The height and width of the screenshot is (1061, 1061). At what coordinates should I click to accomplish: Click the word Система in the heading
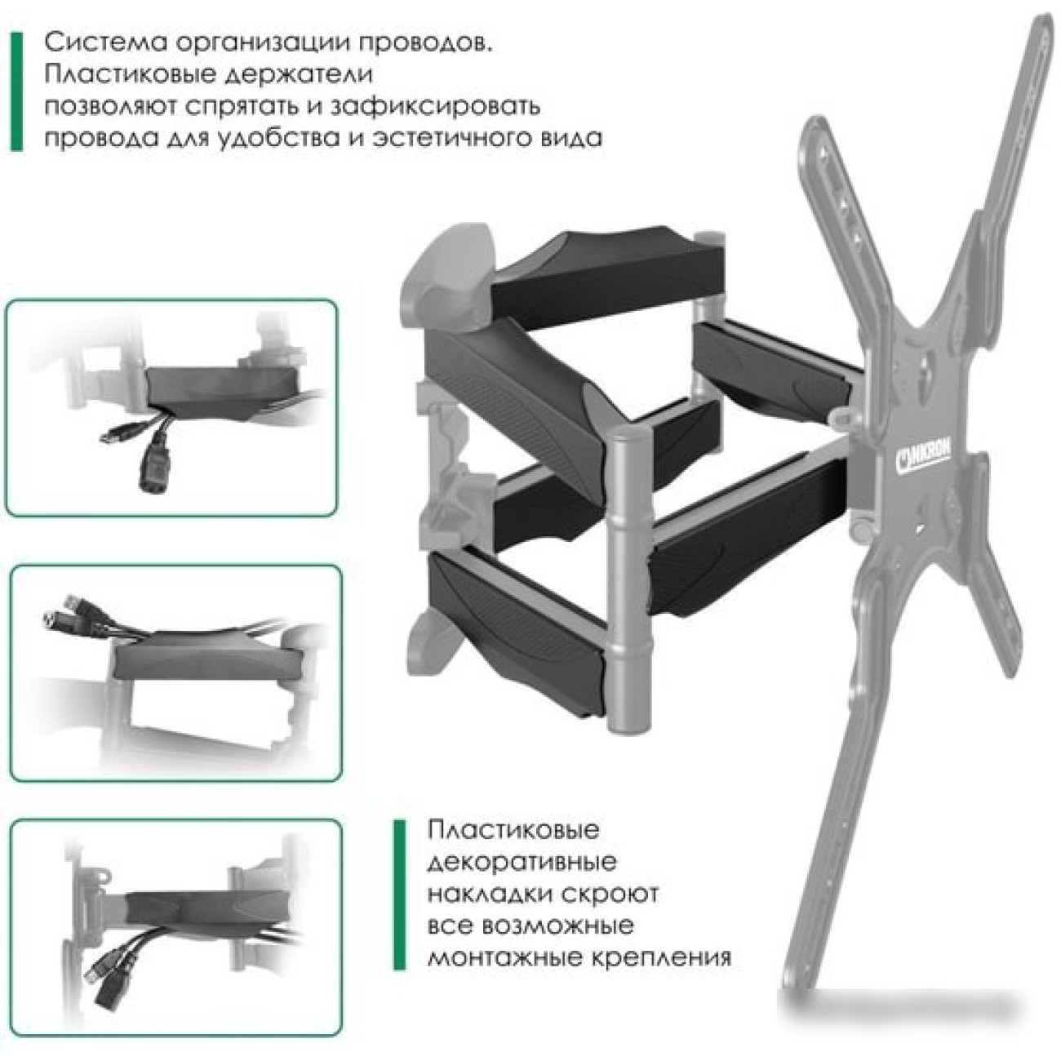point(103,44)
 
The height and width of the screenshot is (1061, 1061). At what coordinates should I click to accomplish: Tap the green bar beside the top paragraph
point(17,91)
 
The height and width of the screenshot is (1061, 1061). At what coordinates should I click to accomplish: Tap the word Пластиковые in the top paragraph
point(129,75)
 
